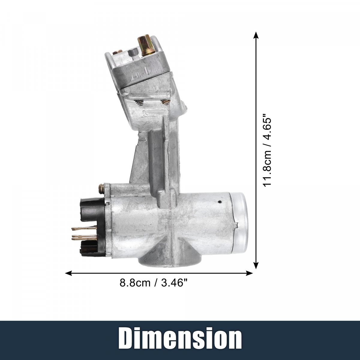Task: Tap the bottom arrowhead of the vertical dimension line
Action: pyautogui.click(x=256, y=265)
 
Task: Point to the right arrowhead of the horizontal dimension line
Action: pyautogui.click(x=249, y=273)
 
